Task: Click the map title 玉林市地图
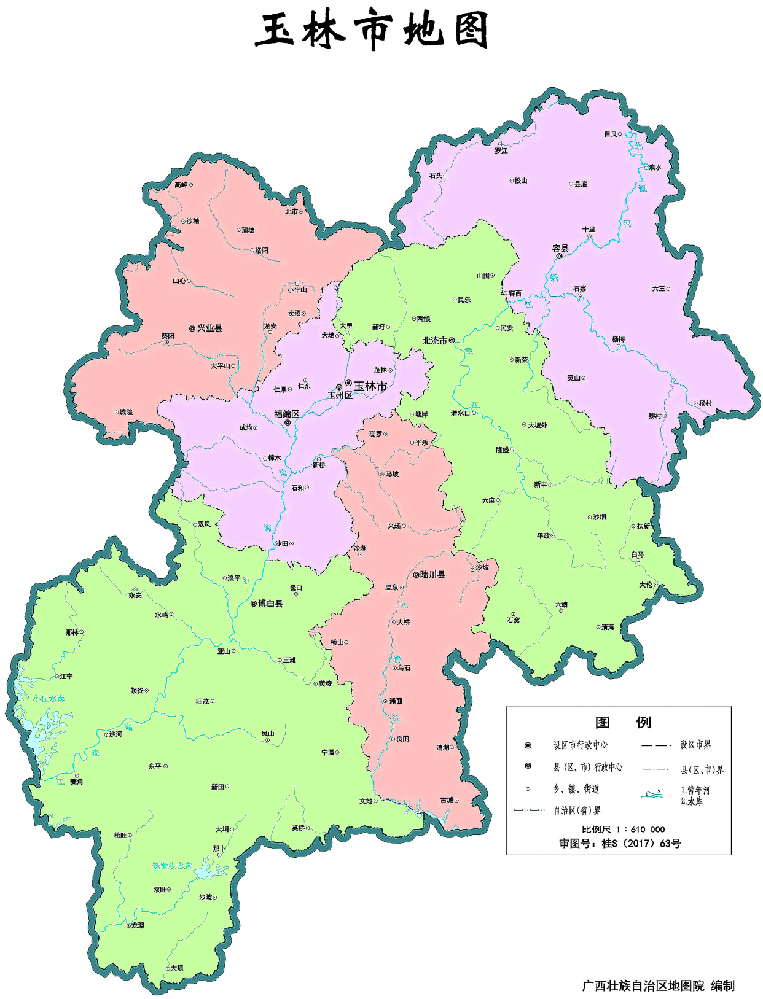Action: [372, 31]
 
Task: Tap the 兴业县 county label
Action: [209, 328]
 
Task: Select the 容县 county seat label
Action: [560, 248]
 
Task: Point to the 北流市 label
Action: [434, 341]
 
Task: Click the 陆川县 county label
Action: [432, 575]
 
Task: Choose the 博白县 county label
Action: [270, 604]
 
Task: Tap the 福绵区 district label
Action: [286, 414]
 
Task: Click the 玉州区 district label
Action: [340, 395]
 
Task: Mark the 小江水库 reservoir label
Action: [49, 699]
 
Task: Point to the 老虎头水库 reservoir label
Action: [172, 866]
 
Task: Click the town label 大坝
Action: [176, 968]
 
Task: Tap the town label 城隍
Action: [126, 412]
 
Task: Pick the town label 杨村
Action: [705, 403]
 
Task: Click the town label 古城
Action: [447, 800]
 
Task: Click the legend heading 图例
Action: [622, 722]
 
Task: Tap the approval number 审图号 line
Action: [619, 844]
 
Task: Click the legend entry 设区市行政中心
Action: [580, 745]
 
